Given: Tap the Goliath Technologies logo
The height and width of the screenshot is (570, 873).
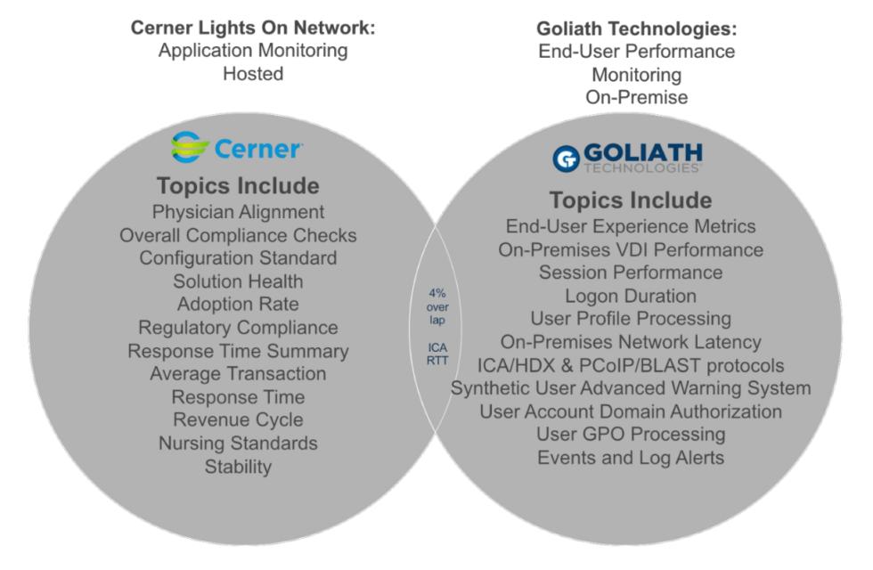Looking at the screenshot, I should coord(627,157).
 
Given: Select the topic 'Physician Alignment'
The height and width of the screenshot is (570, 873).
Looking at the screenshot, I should coord(238,212).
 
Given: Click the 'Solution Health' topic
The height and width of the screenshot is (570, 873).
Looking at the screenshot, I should coord(238,281).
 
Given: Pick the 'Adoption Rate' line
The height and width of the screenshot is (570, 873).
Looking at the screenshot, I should coord(238,305).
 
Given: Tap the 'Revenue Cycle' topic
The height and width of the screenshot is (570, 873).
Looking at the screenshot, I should coord(238,419).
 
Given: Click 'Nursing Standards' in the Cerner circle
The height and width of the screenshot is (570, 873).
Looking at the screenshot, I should coord(238,443).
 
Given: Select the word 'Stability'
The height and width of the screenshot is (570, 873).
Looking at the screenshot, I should coord(238,466).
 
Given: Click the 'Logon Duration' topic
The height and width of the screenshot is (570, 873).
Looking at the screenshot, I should coord(631,296).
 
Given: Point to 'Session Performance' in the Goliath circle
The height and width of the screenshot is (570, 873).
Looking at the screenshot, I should coord(631,273).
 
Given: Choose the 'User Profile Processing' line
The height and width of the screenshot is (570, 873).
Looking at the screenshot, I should coord(631,319).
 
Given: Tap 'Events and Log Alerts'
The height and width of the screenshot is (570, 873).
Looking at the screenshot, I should coord(631,458).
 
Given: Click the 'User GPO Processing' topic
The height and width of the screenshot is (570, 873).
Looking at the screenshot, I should coord(631,435).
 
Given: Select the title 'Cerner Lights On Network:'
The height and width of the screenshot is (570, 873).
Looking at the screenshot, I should coord(253,28).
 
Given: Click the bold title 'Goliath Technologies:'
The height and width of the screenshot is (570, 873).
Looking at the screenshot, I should coord(637,28).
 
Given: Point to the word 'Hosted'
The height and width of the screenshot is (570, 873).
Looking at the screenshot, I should coord(253,74).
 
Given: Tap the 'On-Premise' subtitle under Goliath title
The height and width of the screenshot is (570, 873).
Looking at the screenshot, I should coord(637,97).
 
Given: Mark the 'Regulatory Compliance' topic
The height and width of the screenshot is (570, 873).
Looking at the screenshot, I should coord(238,328).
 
